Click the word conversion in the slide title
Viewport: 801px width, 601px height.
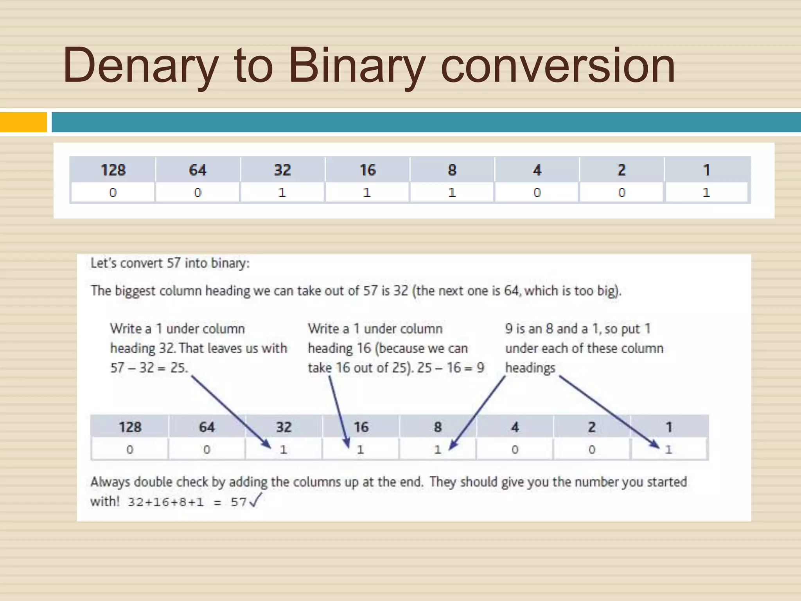coord(558,66)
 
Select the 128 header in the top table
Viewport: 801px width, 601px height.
coord(113,170)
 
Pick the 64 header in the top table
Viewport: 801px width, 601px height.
coord(198,170)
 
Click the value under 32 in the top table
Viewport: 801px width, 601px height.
coord(282,193)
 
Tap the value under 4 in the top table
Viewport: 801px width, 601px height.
coord(537,193)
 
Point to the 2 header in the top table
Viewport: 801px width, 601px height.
coord(621,170)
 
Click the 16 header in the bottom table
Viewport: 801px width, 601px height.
coord(361,427)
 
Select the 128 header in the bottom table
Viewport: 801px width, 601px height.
coord(130,427)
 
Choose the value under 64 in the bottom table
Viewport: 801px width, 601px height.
coord(207,450)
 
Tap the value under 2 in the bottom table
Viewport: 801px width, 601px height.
coord(592,450)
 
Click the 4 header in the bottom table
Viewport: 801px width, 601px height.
coord(515,427)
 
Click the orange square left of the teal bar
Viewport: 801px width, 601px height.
coord(23,122)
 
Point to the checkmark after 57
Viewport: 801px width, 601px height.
coord(255,500)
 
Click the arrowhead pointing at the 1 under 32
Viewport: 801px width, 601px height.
coord(267,444)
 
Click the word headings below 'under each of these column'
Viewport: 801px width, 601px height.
coord(530,368)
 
